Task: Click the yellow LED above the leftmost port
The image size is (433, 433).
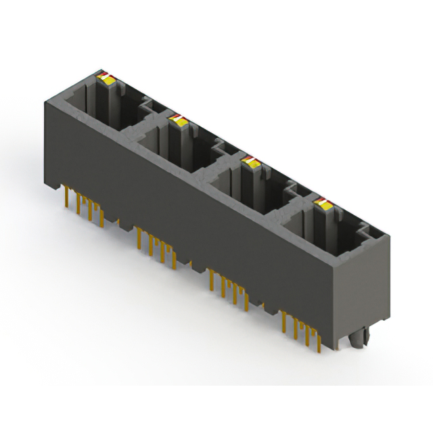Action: pyautogui.click(x=107, y=79)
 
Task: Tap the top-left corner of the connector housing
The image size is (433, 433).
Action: pyautogui.click(x=46, y=101)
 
